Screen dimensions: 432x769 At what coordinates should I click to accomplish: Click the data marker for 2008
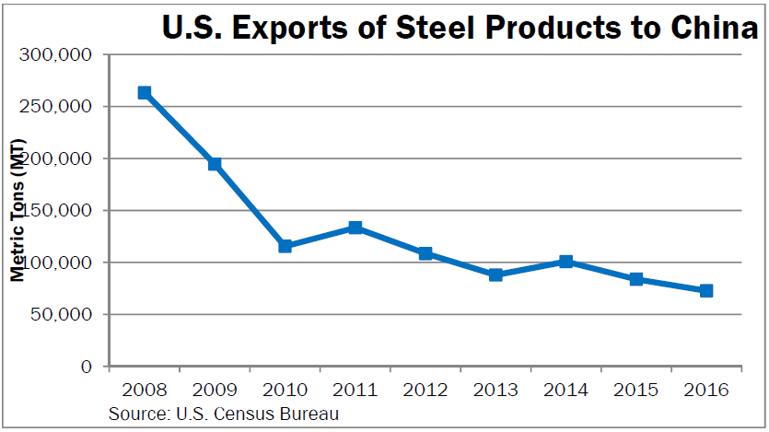[145, 93]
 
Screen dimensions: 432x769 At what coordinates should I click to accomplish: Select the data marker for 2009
[215, 164]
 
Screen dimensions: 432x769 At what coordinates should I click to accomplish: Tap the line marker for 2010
[285, 246]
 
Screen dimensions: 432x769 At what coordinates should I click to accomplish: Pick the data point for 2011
[355, 228]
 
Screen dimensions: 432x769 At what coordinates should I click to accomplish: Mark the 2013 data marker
[495, 274]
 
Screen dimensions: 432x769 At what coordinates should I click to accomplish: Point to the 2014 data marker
[566, 262]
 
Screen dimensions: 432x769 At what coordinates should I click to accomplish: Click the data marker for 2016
[706, 290]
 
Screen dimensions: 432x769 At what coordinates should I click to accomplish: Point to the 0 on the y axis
[87, 367]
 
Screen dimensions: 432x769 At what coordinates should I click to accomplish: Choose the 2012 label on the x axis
[425, 390]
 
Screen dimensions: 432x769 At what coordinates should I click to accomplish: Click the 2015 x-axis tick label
[636, 390]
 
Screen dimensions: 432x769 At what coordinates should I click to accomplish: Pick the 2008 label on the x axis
[145, 390]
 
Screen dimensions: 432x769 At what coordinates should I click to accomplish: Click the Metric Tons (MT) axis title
[17, 211]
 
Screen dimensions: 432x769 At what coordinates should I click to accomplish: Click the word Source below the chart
[134, 414]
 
